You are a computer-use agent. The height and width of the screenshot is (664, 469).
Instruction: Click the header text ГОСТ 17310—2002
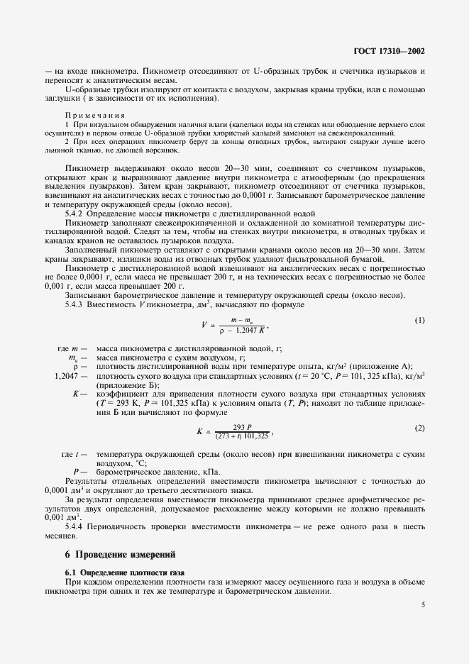[393, 52]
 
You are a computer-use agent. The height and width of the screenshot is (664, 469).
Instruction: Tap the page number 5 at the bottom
[422, 605]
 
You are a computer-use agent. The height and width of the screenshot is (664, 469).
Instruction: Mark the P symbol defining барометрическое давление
[75, 471]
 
